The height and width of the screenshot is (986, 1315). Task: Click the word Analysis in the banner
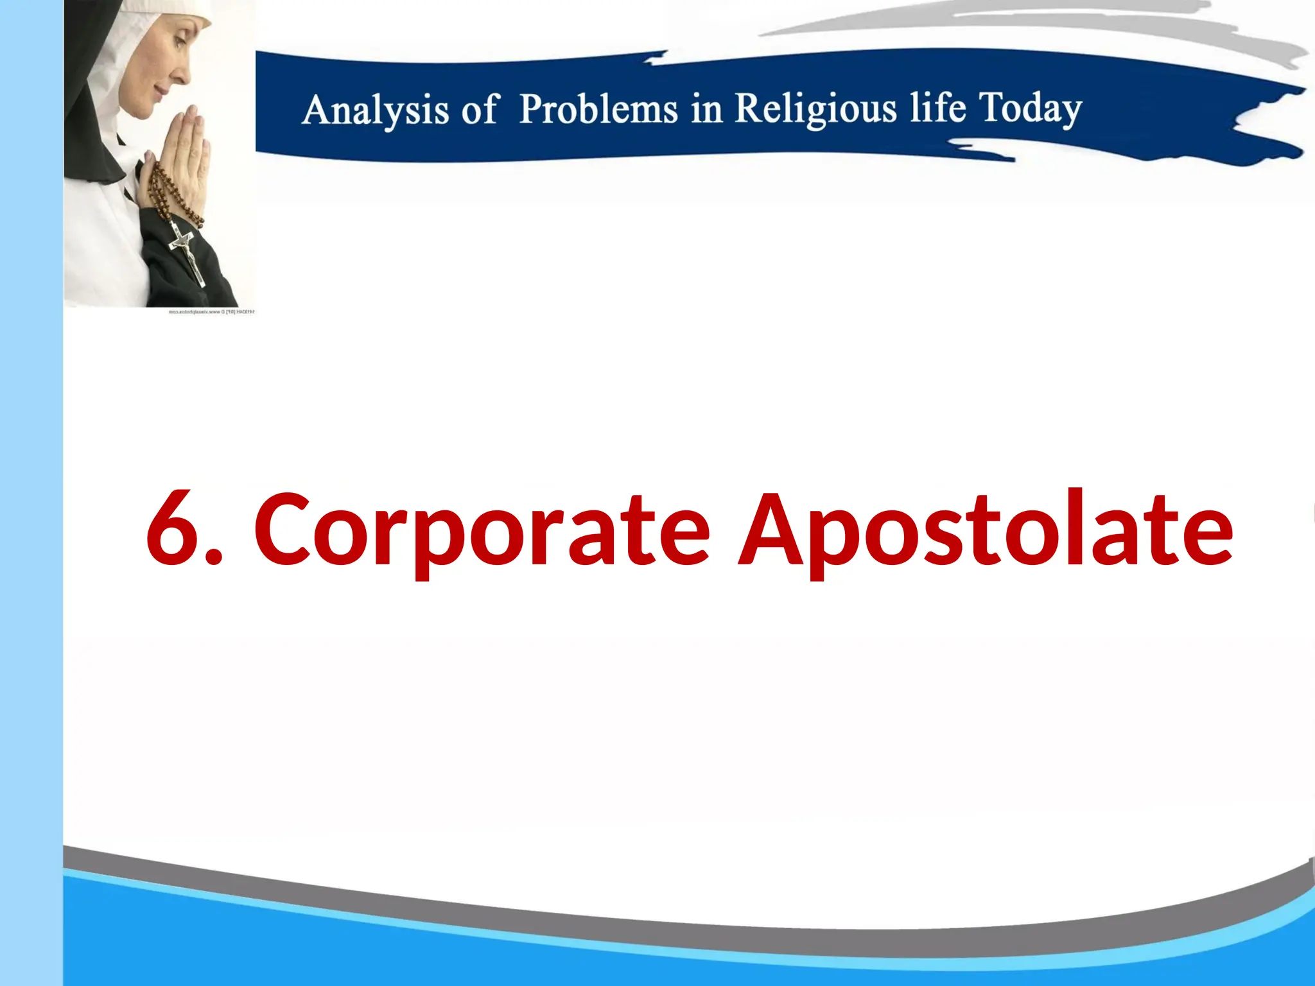click(375, 110)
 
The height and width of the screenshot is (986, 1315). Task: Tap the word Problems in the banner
click(598, 108)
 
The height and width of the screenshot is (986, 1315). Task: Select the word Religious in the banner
click(815, 108)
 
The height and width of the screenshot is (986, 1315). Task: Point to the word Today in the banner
click(1030, 108)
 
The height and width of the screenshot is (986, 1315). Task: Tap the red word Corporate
click(482, 530)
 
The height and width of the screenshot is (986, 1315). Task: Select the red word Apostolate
click(986, 530)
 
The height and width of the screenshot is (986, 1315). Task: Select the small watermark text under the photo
click(211, 312)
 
